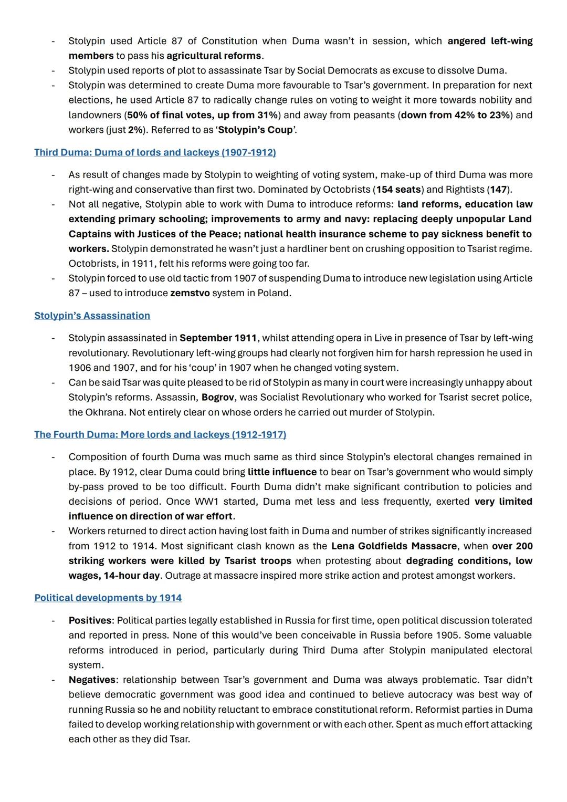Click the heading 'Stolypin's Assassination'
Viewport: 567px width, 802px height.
(92, 316)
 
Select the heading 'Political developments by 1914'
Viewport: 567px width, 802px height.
(108, 598)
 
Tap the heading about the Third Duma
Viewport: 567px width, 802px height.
(155, 152)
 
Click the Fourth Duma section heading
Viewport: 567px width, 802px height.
(160, 434)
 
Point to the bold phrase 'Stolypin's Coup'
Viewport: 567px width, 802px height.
(256, 130)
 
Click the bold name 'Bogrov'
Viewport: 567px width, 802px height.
(217, 397)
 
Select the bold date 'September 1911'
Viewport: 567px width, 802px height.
(218, 338)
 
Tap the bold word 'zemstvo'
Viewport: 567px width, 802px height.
(190, 293)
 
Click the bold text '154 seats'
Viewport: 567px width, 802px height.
(398, 190)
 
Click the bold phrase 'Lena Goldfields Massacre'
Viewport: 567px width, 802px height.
(394, 546)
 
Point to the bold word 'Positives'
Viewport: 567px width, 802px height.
(90, 620)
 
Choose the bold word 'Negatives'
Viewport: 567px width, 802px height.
(92, 680)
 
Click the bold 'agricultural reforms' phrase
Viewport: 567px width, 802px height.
(214, 56)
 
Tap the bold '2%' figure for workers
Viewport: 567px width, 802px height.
(135, 130)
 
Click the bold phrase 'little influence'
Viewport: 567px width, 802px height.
(282, 472)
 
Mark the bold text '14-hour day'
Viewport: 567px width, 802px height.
(131, 575)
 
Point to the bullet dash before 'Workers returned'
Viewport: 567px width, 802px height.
(53, 531)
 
